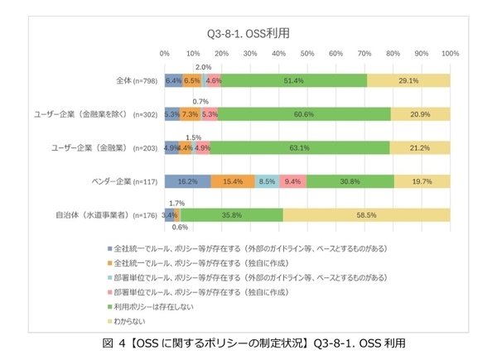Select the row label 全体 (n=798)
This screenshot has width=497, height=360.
coord(138,81)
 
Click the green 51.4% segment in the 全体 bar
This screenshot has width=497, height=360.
coord(295,81)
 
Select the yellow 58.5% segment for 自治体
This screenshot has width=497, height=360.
coord(366,214)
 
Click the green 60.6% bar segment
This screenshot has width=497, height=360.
coord(304,114)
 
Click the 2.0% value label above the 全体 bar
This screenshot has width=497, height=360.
coord(203,67)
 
